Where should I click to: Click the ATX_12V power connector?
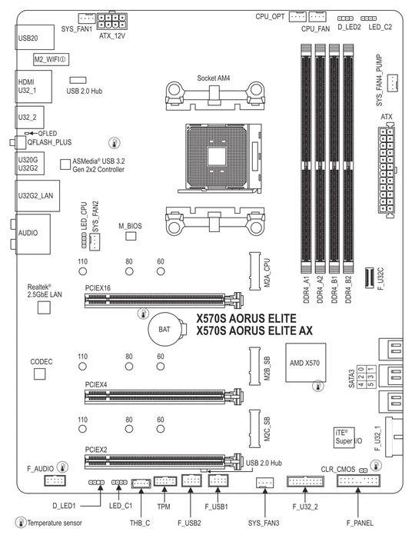111,21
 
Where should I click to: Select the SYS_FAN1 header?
87,18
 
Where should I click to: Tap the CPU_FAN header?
317,16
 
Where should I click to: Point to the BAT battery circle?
165,330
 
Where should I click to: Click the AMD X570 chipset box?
306,363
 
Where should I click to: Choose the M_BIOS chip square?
131,236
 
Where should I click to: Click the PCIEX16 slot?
164,300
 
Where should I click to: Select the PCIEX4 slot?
164,397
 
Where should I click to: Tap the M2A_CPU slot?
255,271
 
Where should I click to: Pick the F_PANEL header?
358,481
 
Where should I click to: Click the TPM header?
165,481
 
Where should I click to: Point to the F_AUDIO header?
55,480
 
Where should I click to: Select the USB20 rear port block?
35,38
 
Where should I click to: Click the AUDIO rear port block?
32,234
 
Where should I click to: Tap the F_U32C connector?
369,278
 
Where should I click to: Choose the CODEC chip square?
40,374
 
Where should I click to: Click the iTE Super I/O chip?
344,437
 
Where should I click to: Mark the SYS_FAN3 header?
265,483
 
